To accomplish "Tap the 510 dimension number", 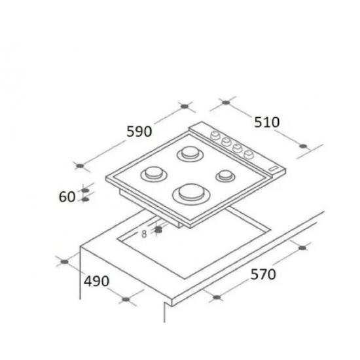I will (267, 122).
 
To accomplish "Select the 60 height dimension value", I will (67, 196).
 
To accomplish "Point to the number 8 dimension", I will (143, 234).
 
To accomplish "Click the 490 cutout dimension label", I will (96, 281).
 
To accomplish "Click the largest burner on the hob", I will (189, 193).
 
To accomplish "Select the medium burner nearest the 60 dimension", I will (154, 174).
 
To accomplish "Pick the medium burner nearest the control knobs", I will (190, 155).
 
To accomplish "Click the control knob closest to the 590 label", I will (214, 135).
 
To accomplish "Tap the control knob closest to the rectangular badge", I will (249, 154).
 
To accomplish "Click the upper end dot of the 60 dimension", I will (84, 190).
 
